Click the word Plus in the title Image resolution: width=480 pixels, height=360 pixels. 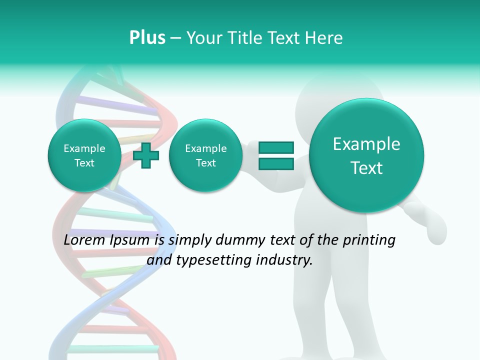pyautogui.click(x=147, y=38)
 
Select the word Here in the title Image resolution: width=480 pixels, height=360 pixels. pyautogui.click(x=324, y=38)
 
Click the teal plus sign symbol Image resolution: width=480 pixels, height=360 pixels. pyautogui.click(x=146, y=156)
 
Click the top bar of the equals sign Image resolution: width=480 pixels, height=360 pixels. pyautogui.click(x=275, y=147)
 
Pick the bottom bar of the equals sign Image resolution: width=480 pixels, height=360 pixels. pyautogui.click(x=275, y=164)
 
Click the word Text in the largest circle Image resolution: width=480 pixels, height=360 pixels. pyautogui.click(x=366, y=168)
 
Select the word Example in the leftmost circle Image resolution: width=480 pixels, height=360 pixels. pyautogui.click(x=84, y=148)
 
